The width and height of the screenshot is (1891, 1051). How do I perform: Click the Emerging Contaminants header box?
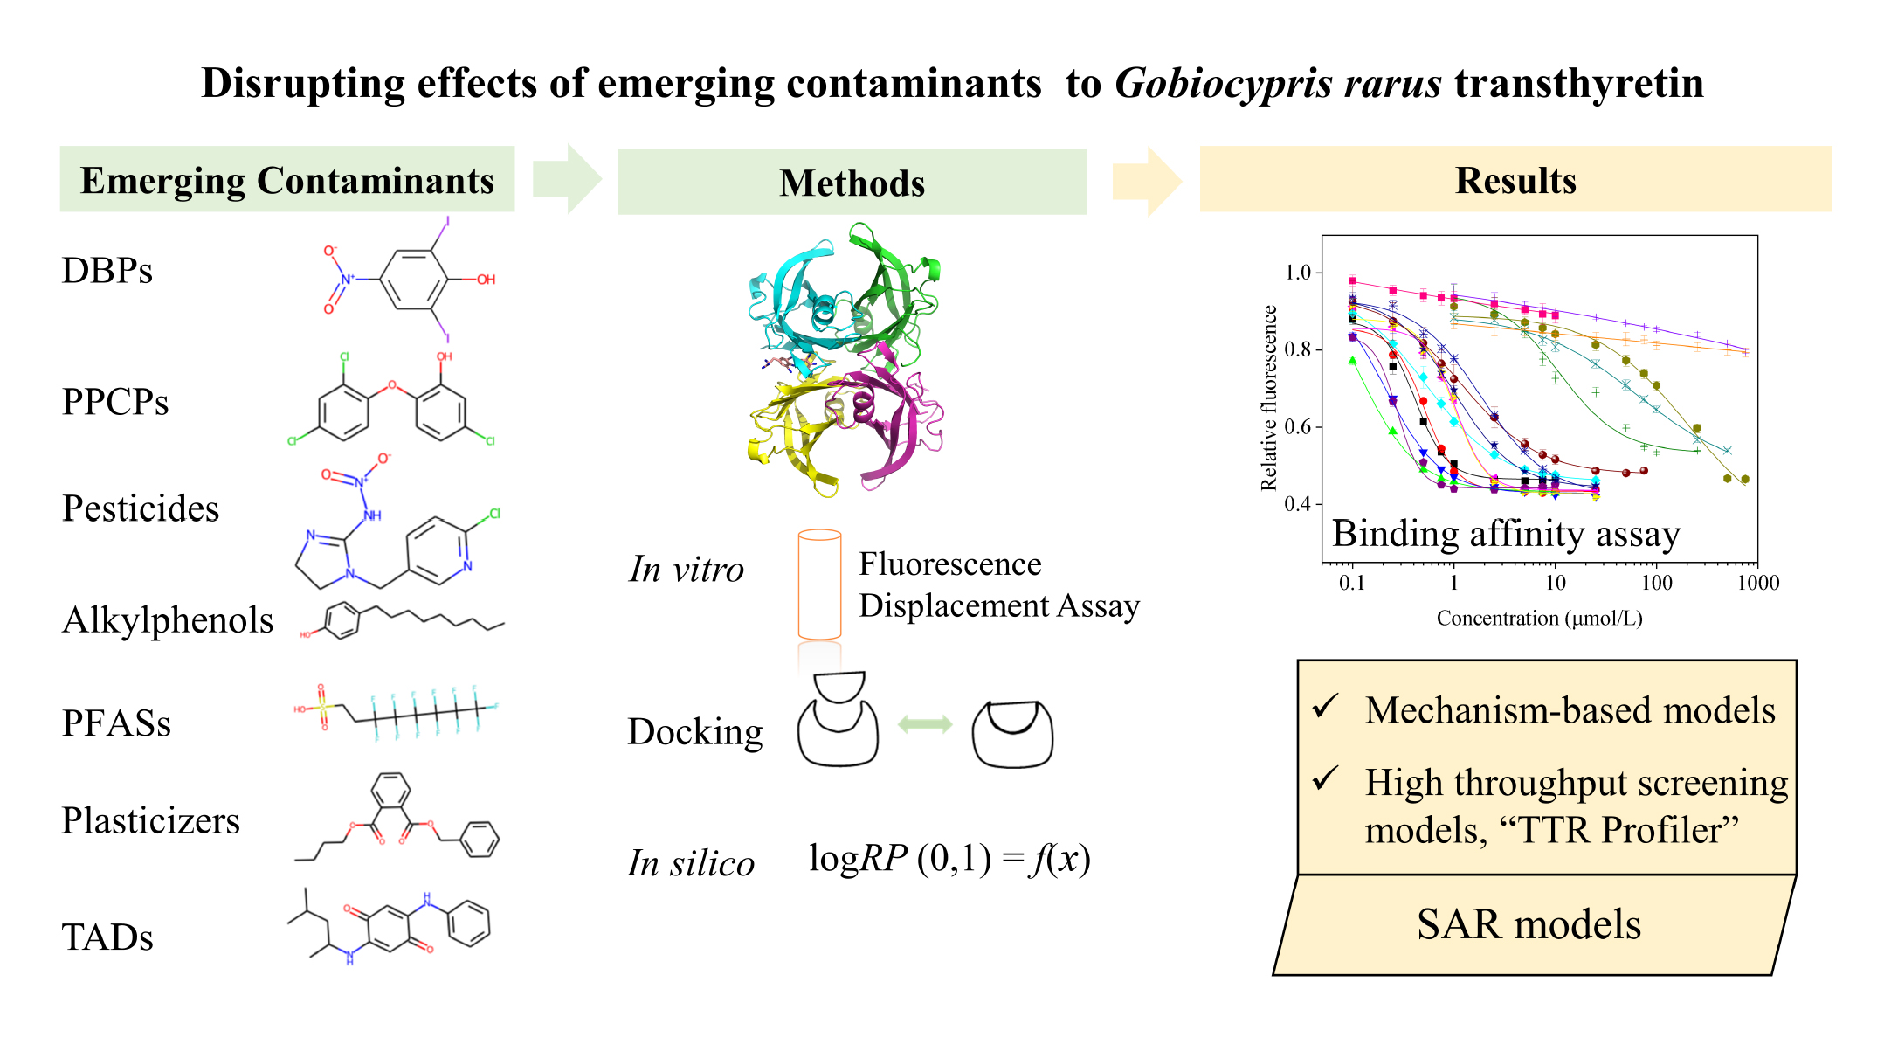coord(286,180)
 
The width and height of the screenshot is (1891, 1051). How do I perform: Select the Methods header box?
coord(852,182)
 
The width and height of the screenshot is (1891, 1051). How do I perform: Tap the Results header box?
coord(1515,180)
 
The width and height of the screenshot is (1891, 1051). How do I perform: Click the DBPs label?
coord(107,271)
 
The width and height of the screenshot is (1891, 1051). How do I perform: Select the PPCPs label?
coord(115,402)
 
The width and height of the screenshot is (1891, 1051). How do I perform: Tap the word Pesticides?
coord(141,508)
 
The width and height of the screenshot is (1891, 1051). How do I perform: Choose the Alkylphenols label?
coord(168,620)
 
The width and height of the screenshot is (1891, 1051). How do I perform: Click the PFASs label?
coord(116,723)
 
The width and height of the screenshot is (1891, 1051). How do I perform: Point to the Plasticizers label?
coord(150,821)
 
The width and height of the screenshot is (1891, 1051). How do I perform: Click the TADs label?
coord(107,937)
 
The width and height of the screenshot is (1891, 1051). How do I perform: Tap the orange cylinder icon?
coord(819,584)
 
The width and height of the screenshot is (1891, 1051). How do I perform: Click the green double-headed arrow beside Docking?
coord(925,723)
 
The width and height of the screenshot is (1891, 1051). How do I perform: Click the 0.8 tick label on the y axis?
coord(1297,349)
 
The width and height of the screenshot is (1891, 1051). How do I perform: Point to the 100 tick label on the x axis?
coord(1656,583)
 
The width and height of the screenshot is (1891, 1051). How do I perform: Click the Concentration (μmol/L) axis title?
coord(1539,619)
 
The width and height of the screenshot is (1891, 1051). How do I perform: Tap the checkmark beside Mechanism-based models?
coord(1326,705)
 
